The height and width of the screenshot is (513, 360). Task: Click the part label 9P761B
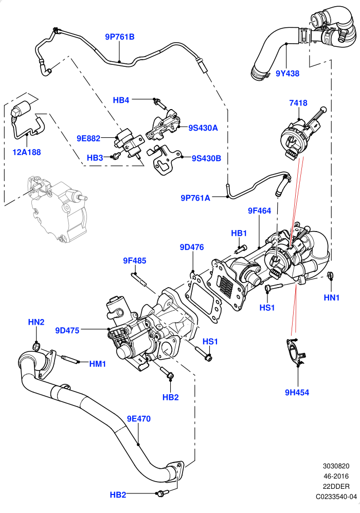pyautogui.click(x=120, y=37)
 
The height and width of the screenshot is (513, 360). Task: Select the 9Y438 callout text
pyautogui.click(x=287, y=73)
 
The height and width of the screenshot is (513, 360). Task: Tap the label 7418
pyautogui.click(x=298, y=103)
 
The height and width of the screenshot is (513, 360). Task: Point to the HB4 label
pyautogui.click(x=121, y=100)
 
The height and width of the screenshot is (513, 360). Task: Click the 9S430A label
pyautogui.click(x=203, y=128)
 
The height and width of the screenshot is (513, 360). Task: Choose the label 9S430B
pyautogui.click(x=206, y=158)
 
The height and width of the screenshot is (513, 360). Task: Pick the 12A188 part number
pyautogui.click(x=26, y=152)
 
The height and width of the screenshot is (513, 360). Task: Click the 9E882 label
pyautogui.click(x=88, y=138)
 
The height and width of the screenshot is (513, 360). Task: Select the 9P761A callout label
pyautogui.click(x=195, y=198)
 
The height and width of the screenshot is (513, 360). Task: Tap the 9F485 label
pyautogui.click(x=134, y=261)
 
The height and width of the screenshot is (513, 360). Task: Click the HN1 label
pyautogui.click(x=332, y=297)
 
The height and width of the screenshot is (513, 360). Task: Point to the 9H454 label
pyautogui.click(x=297, y=392)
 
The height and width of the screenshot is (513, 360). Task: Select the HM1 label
pyautogui.click(x=97, y=364)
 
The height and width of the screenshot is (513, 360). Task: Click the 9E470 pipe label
pyautogui.click(x=139, y=419)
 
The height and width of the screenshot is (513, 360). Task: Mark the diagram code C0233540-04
pyautogui.click(x=336, y=497)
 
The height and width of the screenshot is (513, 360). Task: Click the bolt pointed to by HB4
pyautogui.click(x=159, y=103)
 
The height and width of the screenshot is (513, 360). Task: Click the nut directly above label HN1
pyautogui.click(x=331, y=275)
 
